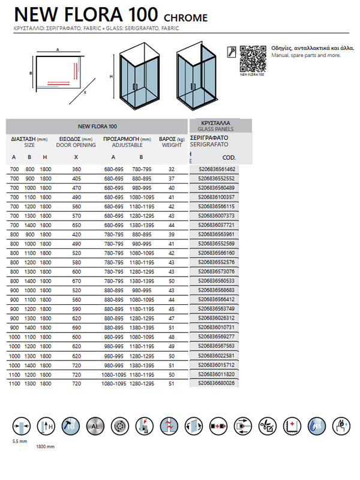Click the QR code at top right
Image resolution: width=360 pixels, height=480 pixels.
252,58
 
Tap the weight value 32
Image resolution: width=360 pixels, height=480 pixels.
172,170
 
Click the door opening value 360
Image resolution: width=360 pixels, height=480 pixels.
77,170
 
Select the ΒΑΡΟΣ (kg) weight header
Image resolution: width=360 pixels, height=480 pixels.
171,142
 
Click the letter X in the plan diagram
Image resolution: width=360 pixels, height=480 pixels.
85,93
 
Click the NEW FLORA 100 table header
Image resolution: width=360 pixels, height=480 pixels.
97,127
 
